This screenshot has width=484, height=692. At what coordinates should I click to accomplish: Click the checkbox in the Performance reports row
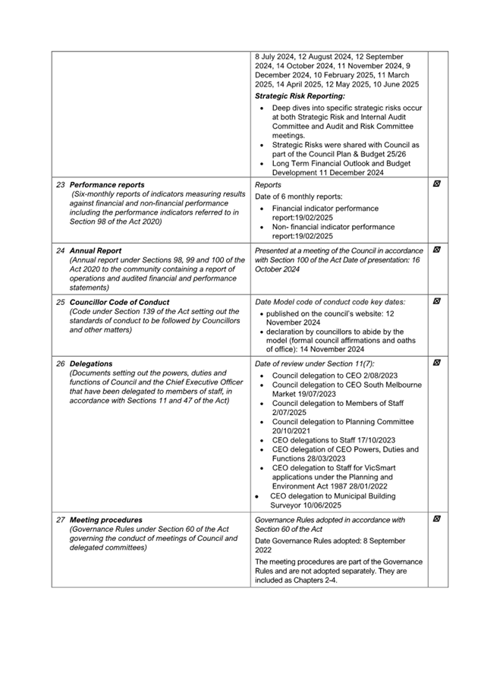tap(437, 184)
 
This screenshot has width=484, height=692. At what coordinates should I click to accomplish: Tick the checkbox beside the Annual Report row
tap(437, 250)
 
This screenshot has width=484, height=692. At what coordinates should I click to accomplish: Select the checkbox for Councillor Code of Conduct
tap(437, 301)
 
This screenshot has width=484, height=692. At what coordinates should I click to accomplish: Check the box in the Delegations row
tap(437, 363)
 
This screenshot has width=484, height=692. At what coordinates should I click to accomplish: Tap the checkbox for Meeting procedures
tap(437, 520)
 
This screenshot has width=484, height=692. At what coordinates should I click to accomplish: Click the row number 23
tap(61, 184)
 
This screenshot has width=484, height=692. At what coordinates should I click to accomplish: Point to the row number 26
tap(61, 363)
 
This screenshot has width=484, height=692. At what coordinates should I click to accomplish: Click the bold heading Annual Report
tap(96, 250)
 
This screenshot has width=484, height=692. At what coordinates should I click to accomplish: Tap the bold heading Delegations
tap(91, 363)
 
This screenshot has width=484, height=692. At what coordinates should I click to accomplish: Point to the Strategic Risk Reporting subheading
tap(300, 96)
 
